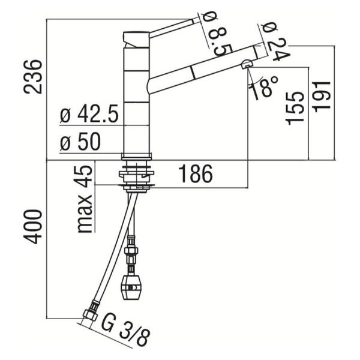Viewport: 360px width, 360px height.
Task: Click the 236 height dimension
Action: coord(33,77)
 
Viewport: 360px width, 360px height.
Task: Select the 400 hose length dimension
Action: coord(33,227)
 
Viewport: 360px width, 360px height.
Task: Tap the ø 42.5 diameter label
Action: coord(89,114)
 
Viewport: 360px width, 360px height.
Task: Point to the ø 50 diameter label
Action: coord(80,142)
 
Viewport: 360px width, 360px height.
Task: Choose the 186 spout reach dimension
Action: coord(196,173)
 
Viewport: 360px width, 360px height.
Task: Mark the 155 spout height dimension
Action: coord(295,108)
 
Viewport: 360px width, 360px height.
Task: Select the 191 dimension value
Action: coord(322,97)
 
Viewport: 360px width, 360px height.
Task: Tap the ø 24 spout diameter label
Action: coord(275,41)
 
